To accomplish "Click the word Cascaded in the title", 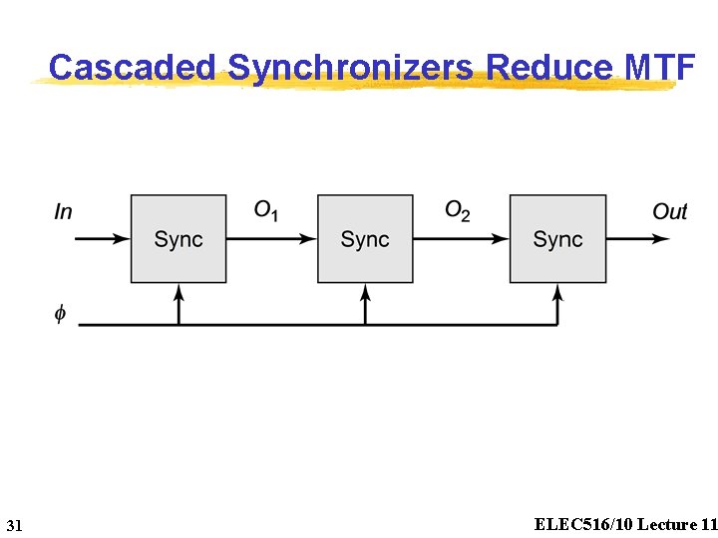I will click(132, 67).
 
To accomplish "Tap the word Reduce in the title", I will click(549, 67).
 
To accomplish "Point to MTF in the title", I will click(658, 67).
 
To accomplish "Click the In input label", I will click(63, 211).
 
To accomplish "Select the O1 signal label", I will click(266, 210).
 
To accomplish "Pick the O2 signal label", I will click(457, 210).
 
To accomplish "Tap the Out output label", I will click(669, 211).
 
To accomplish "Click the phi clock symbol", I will click(60, 314).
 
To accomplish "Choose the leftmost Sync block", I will click(179, 239).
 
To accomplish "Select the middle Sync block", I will click(365, 239).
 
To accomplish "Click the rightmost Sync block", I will click(557, 239).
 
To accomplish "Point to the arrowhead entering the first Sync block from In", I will click(122, 239).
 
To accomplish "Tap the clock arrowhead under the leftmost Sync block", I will click(179, 291).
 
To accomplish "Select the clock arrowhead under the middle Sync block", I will click(365, 291).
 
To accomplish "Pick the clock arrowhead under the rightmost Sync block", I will click(557, 291).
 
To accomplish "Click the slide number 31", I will click(14, 525).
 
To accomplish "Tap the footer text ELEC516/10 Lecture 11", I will click(625, 524).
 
